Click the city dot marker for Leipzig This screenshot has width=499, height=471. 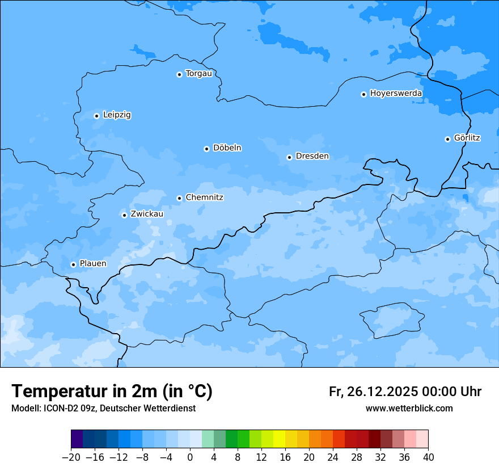tap(96, 116)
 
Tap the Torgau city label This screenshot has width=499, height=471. tap(198, 74)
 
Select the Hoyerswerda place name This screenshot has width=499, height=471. tap(396, 94)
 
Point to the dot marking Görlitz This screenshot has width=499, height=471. tap(447, 139)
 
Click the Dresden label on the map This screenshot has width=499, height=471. tap(312, 157)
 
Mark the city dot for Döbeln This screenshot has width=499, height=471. tap(206, 149)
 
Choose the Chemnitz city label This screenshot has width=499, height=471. tap(204, 198)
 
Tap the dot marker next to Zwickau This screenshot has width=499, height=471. tap(124, 215)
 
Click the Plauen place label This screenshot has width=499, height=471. tap(92, 264)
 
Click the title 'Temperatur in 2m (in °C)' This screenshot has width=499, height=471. tap(112, 392)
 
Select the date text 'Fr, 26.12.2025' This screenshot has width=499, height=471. tap(373, 392)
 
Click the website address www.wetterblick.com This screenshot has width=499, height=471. tap(409, 409)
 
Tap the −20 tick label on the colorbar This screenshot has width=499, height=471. tap(71, 457)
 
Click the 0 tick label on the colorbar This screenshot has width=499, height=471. tap(190, 457)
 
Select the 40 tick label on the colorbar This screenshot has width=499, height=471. tap(428, 457)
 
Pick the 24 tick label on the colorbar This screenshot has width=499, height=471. tap(333, 457)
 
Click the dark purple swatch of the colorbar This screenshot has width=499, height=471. tap(77, 439)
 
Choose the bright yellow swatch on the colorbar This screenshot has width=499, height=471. tap(280, 439)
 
